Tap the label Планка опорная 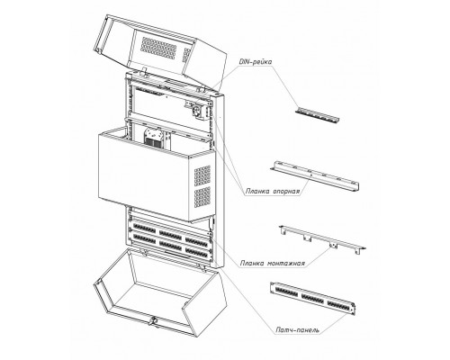tap(273, 192)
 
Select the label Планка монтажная tap(273, 264)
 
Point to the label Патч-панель tap(297, 330)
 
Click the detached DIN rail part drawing tap(317, 115)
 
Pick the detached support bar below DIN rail tap(316, 176)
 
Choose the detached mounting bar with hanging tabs tap(322, 239)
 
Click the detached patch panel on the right tap(312, 298)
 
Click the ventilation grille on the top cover tap(158, 48)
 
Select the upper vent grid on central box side tap(202, 175)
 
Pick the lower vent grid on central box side tap(202, 197)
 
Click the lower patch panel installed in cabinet tap(170, 244)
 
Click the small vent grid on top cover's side tap(186, 55)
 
